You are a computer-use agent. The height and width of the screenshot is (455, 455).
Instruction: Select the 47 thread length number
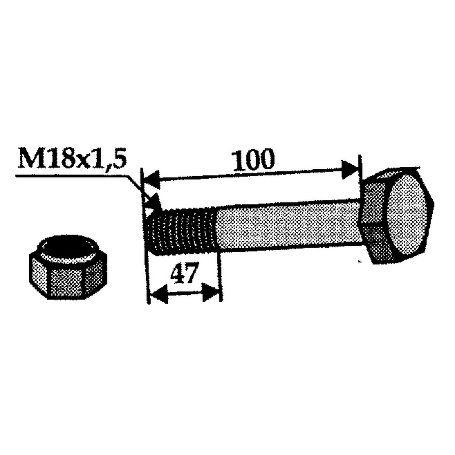click(185, 275)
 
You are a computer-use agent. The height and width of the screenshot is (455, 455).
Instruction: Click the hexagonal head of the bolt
click(398, 216)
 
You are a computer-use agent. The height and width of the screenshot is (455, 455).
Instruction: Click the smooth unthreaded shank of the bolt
click(287, 225)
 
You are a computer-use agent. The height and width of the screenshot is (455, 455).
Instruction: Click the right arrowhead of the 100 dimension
click(351, 169)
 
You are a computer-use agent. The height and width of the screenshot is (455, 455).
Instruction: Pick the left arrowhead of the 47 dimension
click(157, 296)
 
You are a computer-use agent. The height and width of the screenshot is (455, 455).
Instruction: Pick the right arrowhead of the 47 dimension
click(212, 292)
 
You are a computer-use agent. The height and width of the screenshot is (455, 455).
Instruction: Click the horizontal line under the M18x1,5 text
click(68, 175)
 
